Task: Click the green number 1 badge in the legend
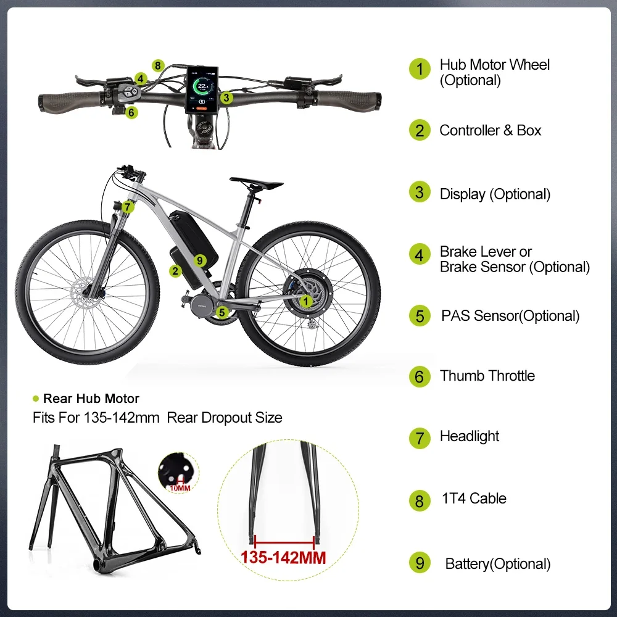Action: (x=420, y=69)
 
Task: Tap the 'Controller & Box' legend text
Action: (x=490, y=130)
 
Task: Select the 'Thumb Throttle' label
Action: (x=487, y=376)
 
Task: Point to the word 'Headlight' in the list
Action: (x=470, y=436)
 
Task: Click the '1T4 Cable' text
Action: (x=474, y=498)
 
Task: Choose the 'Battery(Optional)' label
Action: (x=498, y=564)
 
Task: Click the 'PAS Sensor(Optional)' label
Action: (x=510, y=316)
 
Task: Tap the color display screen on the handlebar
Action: (x=202, y=89)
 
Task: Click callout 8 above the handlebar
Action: (x=158, y=65)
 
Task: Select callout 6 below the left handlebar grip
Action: (x=131, y=112)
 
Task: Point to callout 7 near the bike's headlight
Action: (x=128, y=207)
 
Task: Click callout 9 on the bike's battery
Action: (x=200, y=260)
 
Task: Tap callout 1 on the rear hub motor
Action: (x=306, y=302)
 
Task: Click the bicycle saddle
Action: (x=256, y=183)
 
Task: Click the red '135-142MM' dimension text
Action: (x=283, y=558)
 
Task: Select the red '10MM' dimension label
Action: (x=180, y=488)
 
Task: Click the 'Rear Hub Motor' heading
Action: (x=91, y=399)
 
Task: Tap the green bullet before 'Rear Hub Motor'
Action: (x=36, y=399)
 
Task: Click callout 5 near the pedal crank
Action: (x=222, y=312)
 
